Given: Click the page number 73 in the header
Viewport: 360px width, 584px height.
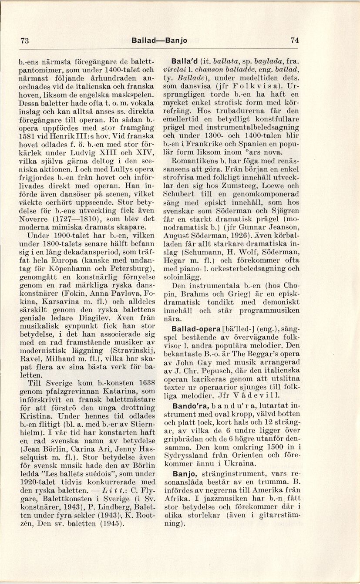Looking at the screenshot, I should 24,41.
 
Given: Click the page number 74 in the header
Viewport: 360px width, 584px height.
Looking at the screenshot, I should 295,40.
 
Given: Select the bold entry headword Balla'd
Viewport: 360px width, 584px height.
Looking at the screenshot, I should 185,61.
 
